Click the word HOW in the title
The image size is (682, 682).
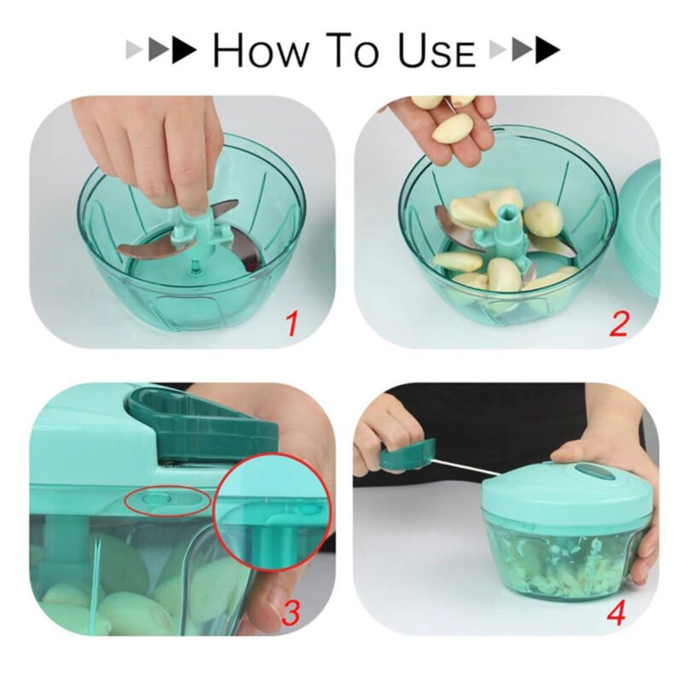[x=260, y=50]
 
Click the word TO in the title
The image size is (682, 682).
[x=353, y=50]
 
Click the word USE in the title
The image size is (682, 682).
[x=436, y=50]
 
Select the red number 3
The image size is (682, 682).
[x=291, y=611]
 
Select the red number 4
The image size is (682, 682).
[x=616, y=612]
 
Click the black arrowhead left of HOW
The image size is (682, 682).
[x=184, y=50]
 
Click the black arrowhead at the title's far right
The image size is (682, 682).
[x=548, y=50]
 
